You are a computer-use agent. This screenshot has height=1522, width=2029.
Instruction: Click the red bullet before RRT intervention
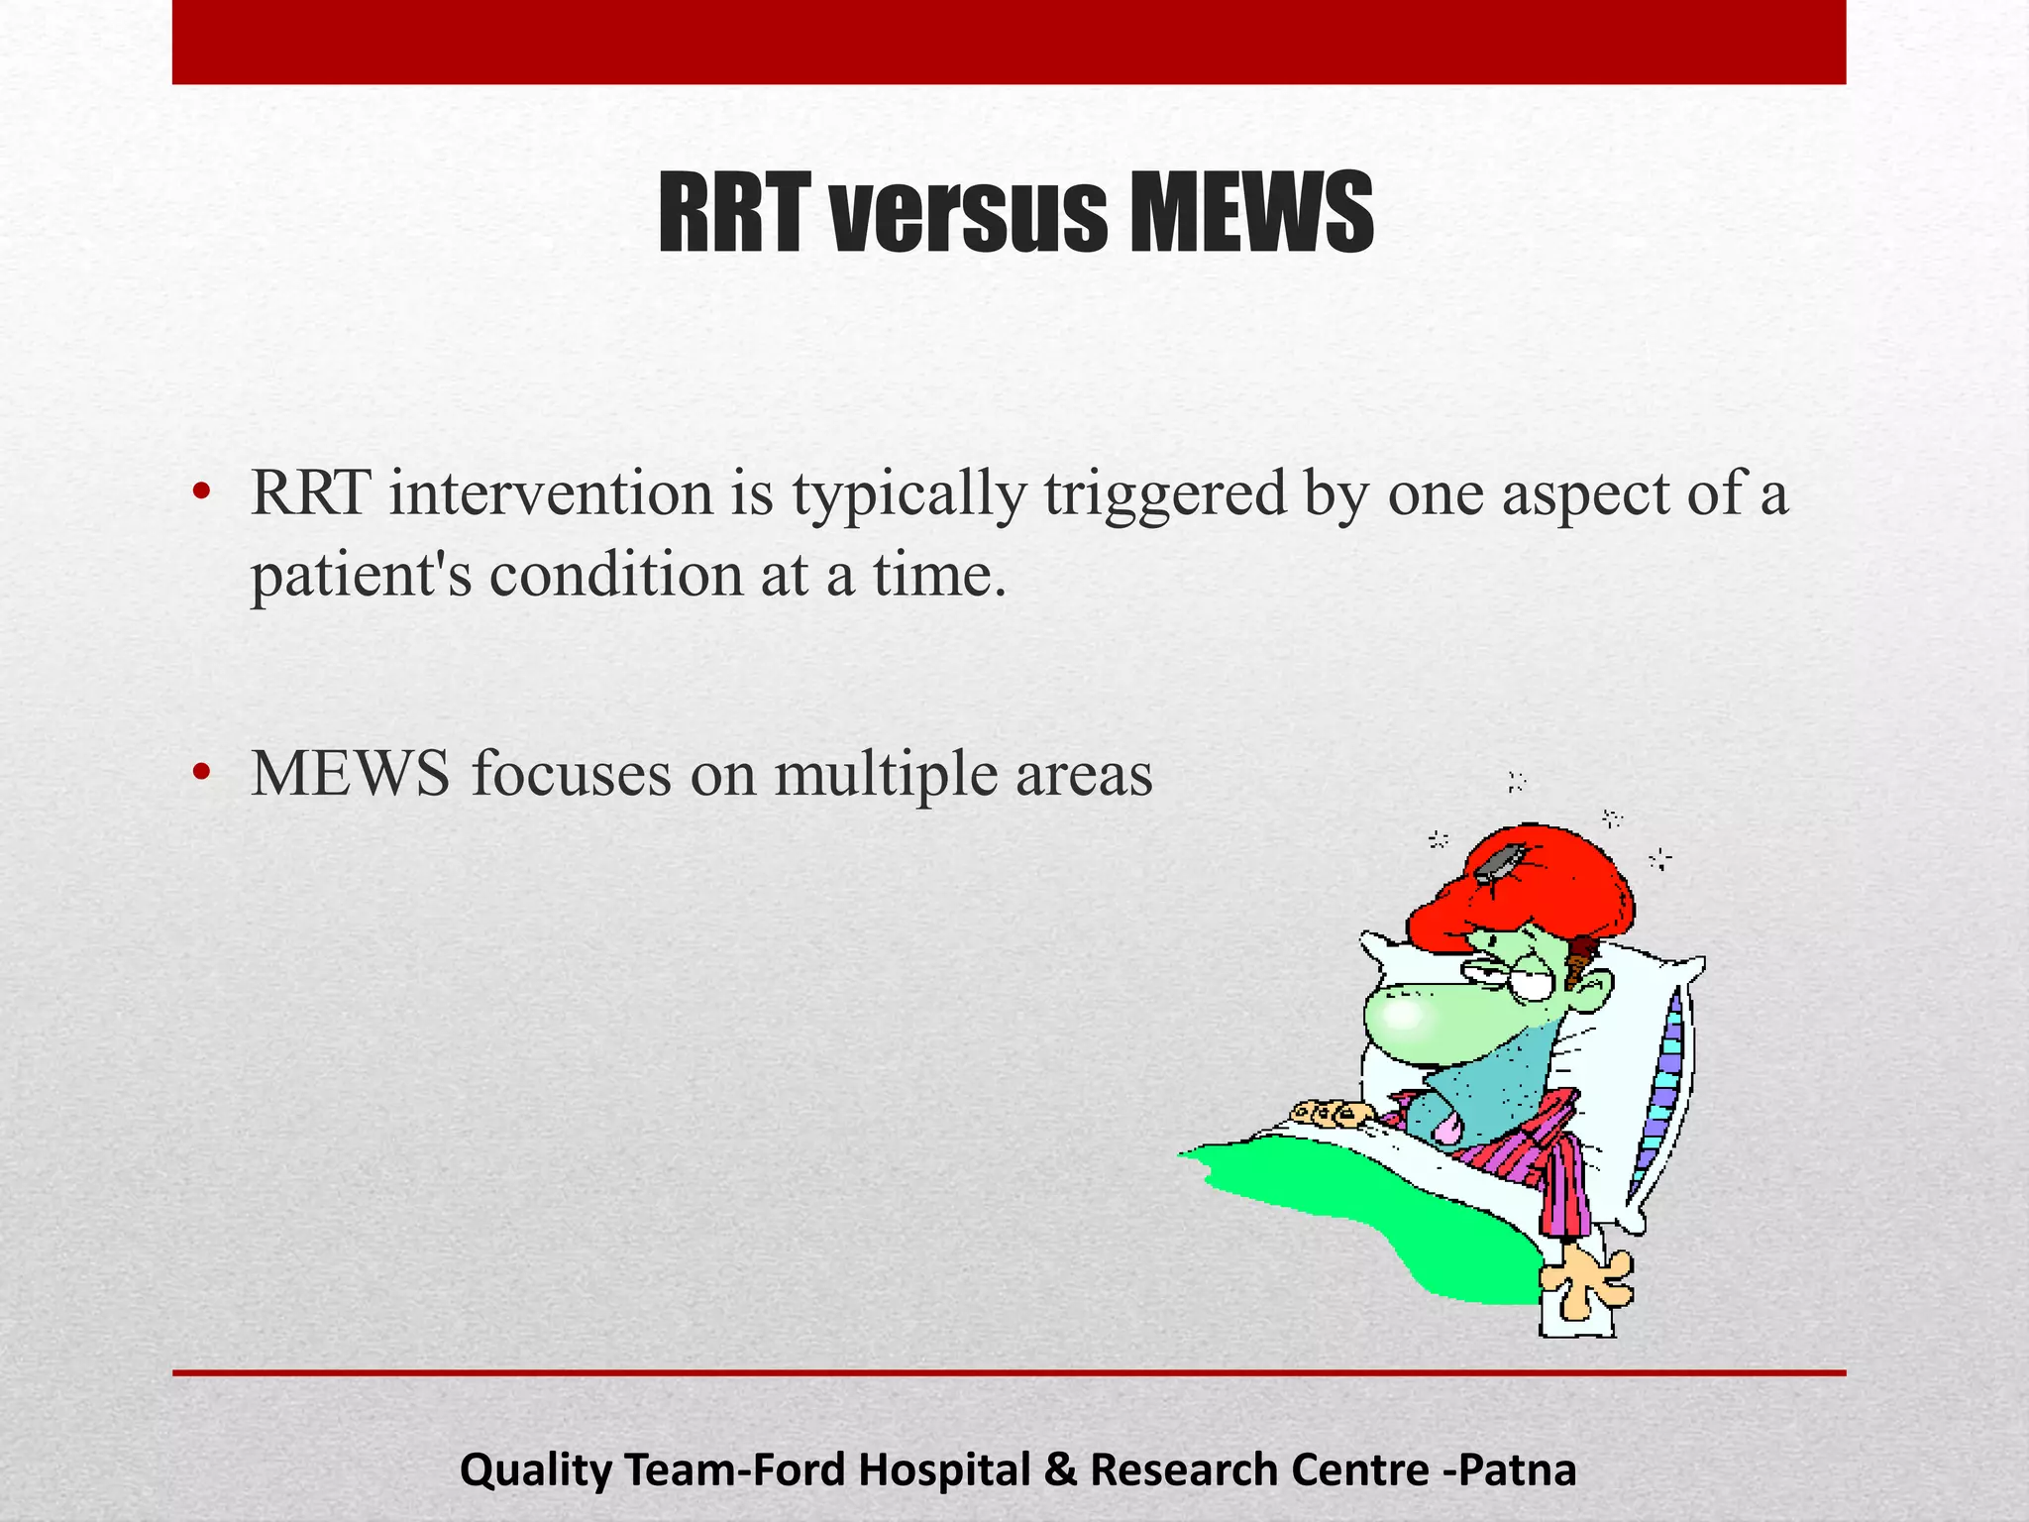(x=202, y=492)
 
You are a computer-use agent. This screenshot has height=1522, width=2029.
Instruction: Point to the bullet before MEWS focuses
(x=202, y=773)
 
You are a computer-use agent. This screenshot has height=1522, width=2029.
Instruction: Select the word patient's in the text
(x=362, y=576)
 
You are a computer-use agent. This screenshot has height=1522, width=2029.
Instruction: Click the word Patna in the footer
(x=1521, y=1469)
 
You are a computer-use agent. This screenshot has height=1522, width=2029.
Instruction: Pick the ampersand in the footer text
(x=1060, y=1469)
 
